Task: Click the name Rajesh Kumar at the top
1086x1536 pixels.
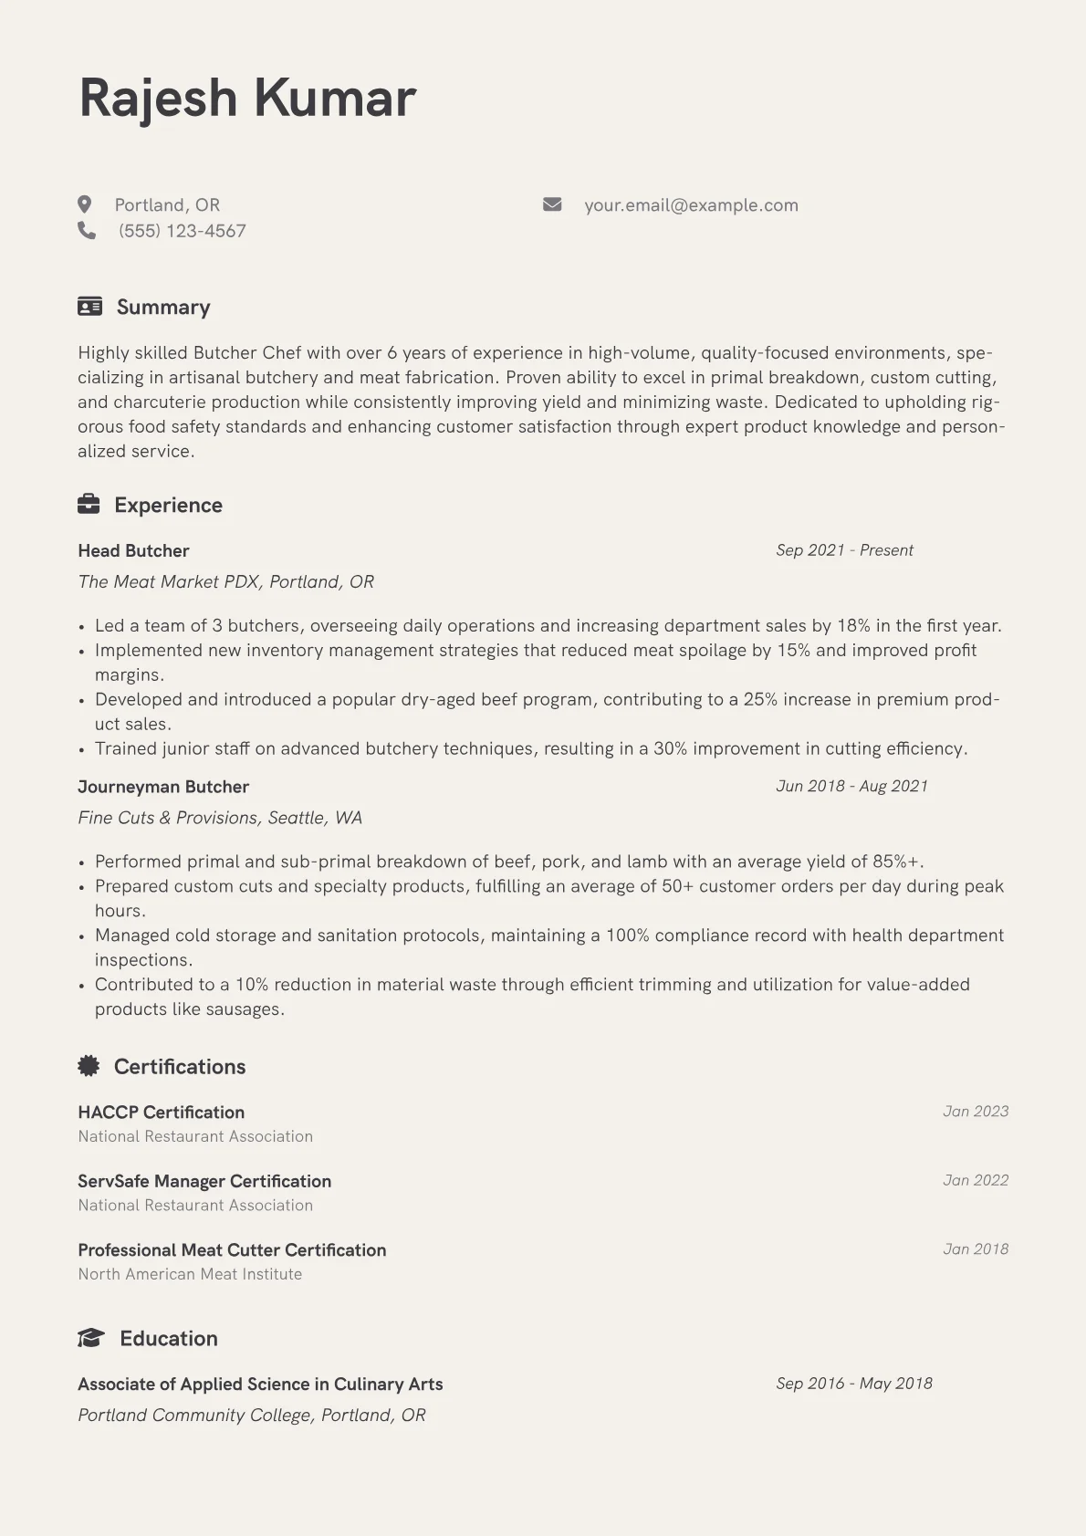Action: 247,98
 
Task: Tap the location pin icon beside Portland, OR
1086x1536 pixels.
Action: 85,204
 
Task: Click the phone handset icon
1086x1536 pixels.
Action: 87,231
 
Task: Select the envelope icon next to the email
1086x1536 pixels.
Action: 552,204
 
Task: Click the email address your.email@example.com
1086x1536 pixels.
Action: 691,205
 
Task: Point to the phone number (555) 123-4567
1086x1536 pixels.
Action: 182,231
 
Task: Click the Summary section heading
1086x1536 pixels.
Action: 163,308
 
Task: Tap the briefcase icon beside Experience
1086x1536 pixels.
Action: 89,504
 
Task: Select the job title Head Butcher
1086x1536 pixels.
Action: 133,550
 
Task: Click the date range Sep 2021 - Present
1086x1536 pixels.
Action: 844,550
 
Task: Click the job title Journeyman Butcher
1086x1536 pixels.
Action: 163,787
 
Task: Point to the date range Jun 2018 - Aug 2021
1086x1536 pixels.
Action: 851,786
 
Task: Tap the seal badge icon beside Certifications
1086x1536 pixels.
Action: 89,1065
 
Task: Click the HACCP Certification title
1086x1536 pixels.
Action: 161,1112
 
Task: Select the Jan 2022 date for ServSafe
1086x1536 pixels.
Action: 976,1180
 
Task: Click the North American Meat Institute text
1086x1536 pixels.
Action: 190,1274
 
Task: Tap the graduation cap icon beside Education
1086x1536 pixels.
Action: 91,1338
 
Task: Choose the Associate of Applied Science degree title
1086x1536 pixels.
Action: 260,1384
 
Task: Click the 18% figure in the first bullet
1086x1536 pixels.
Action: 853,626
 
